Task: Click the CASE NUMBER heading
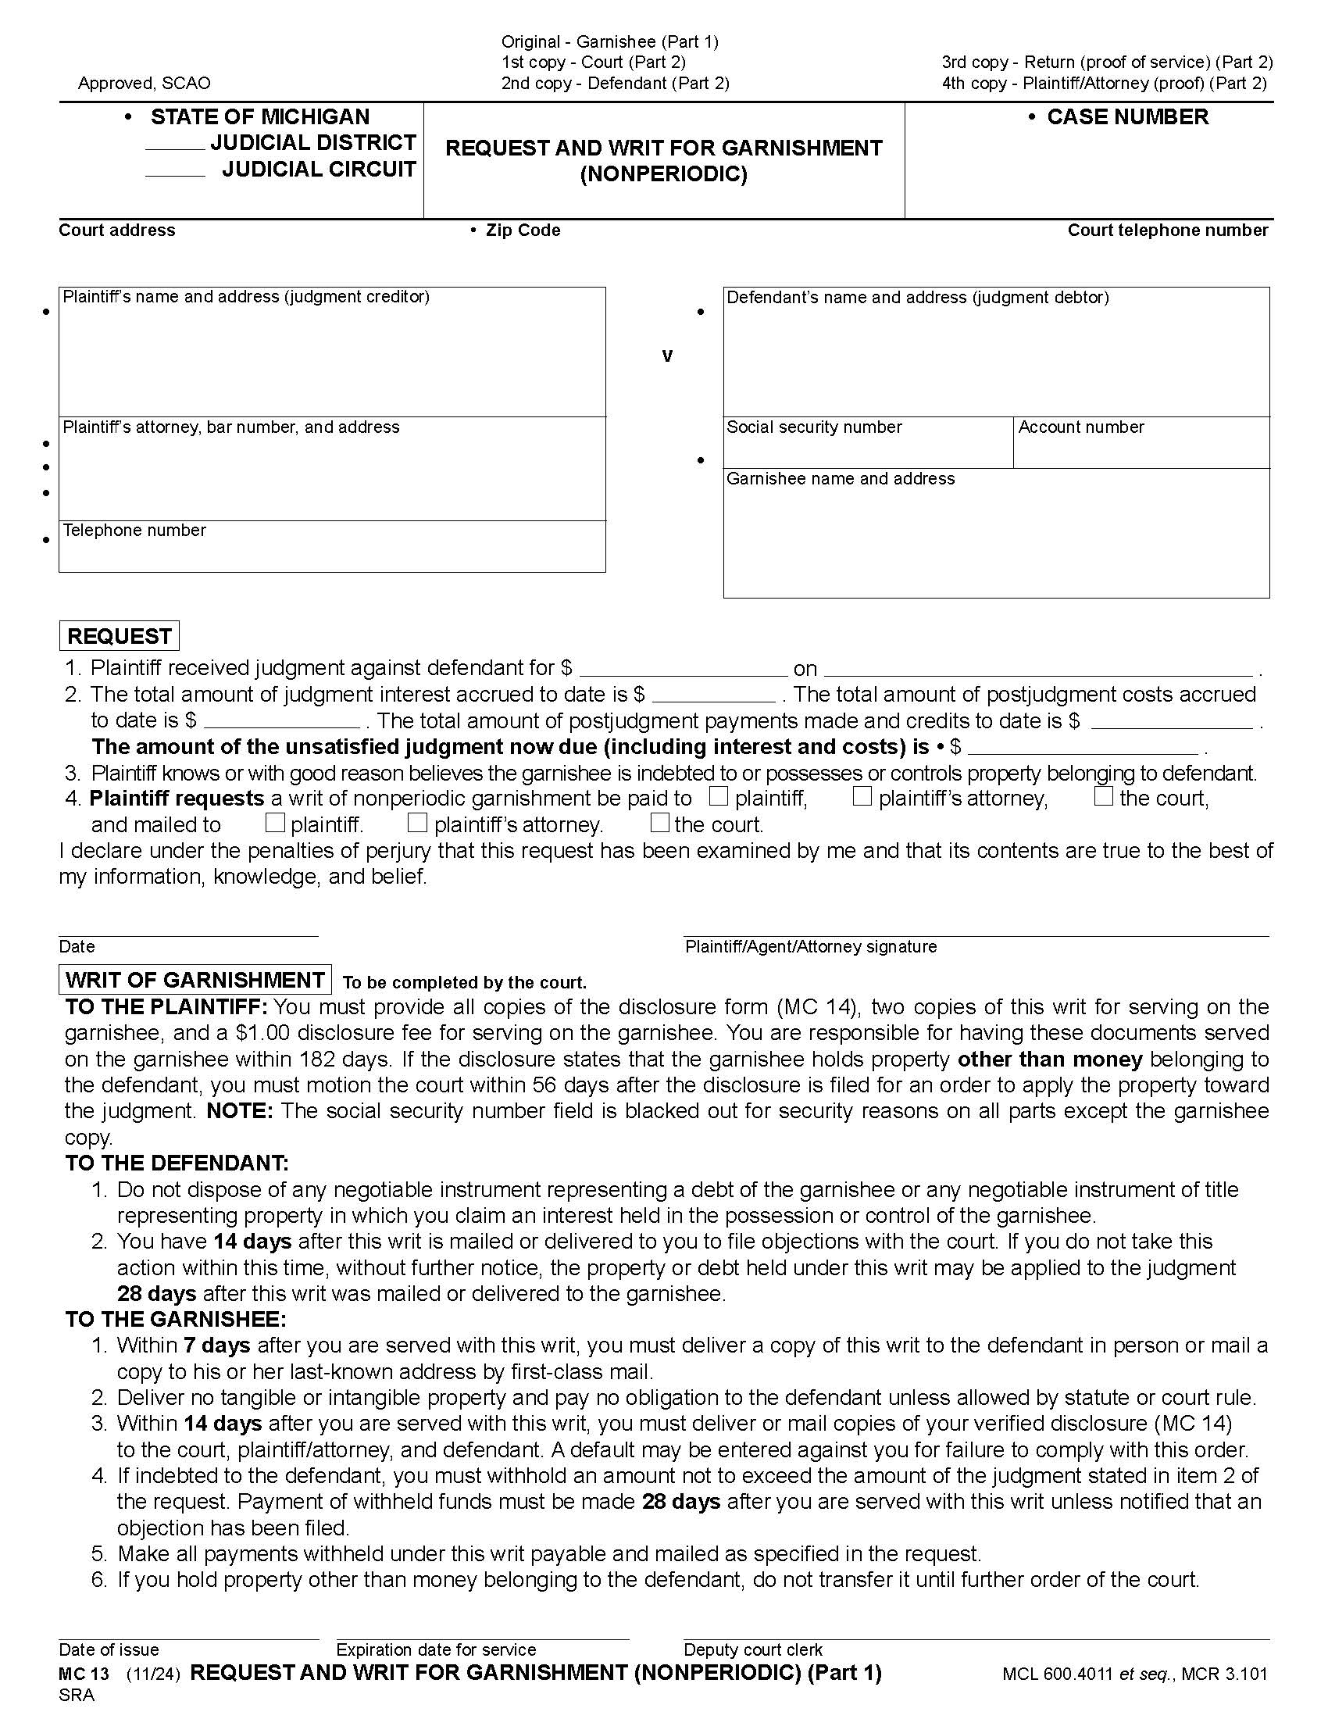click(x=1126, y=117)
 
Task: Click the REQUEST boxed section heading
click(x=120, y=636)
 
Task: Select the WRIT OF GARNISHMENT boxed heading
click(x=195, y=980)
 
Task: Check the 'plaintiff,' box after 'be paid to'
click(x=717, y=796)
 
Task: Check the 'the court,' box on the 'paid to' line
click(x=1104, y=796)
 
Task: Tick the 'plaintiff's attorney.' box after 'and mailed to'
click(x=417, y=824)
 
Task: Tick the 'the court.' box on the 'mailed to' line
click(x=660, y=824)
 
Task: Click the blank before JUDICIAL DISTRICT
click(x=175, y=143)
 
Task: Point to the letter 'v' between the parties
click(x=667, y=356)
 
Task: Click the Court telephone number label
click(x=1168, y=231)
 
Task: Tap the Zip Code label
click(x=523, y=231)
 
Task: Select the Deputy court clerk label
click(x=753, y=1649)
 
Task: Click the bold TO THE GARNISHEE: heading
click(x=176, y=1319)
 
